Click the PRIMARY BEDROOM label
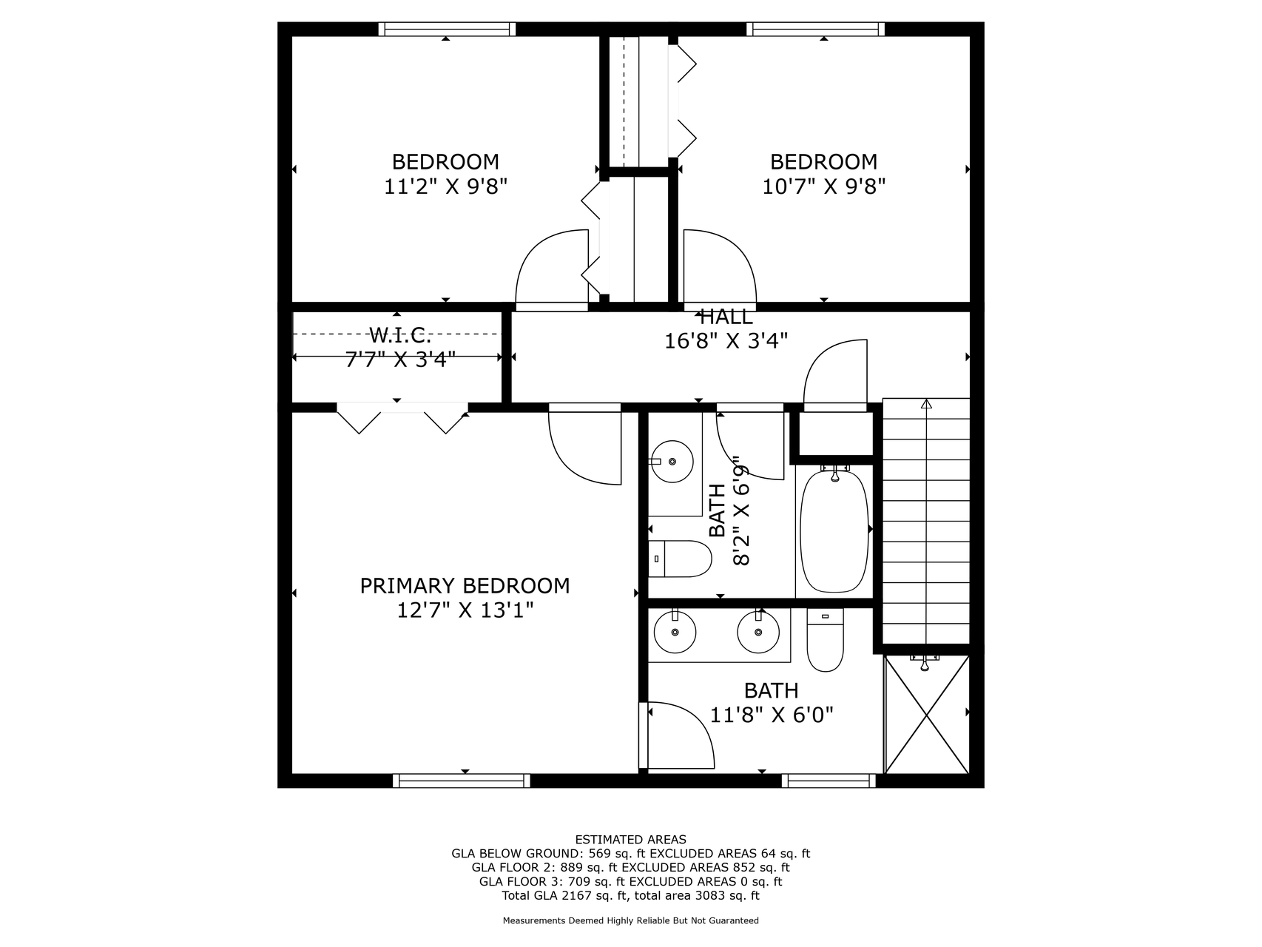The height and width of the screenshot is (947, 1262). pyautogui.click(x=465, y=586)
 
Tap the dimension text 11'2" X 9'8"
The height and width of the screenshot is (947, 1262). pyautogui.click(x=445, y=186)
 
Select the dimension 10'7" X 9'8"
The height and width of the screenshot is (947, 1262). pyautogui.click(x=824, y=186)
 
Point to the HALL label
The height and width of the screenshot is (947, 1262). pyautogui.click(x=726, y=317)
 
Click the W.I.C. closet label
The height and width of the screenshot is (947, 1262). pyautogui.click(x=400, y=336)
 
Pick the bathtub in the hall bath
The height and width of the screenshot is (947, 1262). pyautogui.click(x=834, y=529)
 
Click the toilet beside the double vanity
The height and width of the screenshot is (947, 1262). pyautogui.click(x=825, y=640)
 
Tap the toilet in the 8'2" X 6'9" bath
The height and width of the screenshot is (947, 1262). pyautogui.click(x=680, y=559)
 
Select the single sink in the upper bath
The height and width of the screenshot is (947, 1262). pyautogui.click(x=672, y=462)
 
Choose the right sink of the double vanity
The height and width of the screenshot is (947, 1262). pyautogui.click(x=758, y=632)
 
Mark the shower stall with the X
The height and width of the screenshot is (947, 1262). pyautogui.click(x=927, y=714)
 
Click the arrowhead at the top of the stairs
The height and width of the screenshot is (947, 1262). pyautogui.click(x=926, y=404)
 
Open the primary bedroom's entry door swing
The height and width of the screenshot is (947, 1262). pyautogui.click(x=584, y=444)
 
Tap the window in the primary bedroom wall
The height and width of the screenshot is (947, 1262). pyautogui.click(x=462, y=781)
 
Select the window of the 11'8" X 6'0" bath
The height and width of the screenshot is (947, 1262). pyautogui.click(x=829, y=781)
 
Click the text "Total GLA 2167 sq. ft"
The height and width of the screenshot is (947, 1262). pyautogui.click(x=564, y=896)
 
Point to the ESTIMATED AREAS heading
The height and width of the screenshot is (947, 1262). pyautogui.click(x=630, y=840)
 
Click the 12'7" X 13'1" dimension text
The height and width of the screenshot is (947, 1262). pyautogui.click(x=465, y=610)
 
